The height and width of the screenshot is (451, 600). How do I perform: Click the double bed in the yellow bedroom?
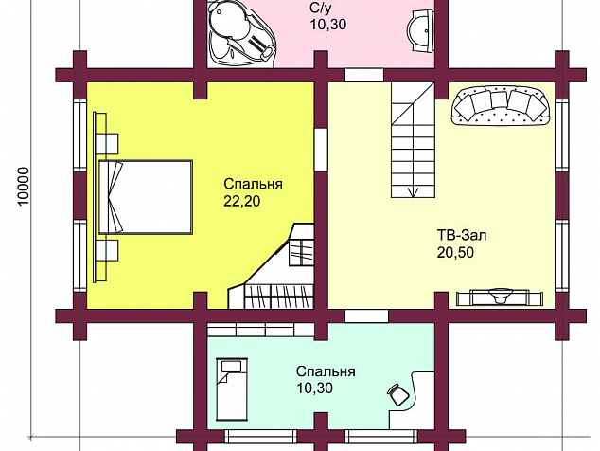pos(146,197)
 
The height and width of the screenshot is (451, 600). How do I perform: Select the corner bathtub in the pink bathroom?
pos(241,32)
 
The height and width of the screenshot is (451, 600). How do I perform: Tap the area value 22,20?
pos(242,201)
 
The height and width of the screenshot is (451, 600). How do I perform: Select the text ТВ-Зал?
pos(462,235)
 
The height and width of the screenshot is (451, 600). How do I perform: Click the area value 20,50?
pos(455,253)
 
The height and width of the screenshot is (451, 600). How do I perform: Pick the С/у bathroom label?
pos(320,8)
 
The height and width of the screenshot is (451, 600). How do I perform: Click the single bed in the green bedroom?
pos(232,388)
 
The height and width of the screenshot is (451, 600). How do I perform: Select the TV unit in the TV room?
pos(500,297)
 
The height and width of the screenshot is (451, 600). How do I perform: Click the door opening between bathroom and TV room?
pos(364,75)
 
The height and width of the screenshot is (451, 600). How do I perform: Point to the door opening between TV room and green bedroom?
pos(366,316)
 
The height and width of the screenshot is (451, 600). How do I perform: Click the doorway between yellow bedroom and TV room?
pos(321,150)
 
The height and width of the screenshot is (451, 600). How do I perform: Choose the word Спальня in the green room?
pos(326,371)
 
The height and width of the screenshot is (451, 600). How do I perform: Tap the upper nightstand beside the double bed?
pos(107,144)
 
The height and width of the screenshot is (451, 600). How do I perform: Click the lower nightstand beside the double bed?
pos(107,250)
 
